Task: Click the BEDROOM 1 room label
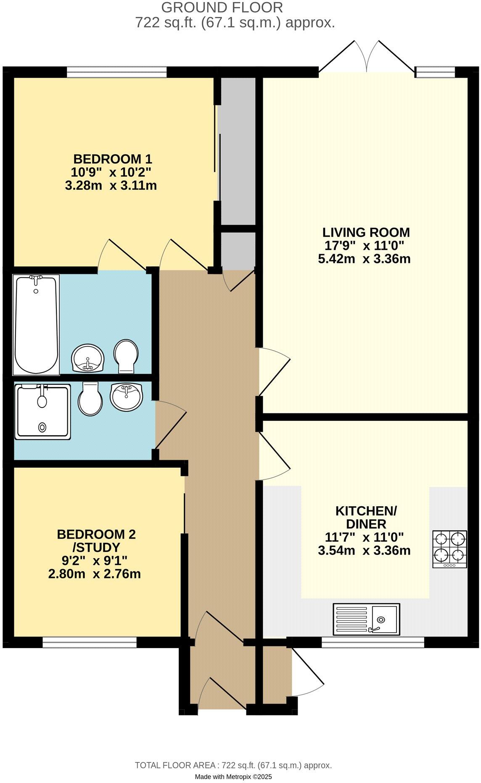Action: pyautogui.click(x=112, y=159)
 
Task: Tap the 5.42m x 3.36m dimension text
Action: pyautogui.click(x=364, y=259)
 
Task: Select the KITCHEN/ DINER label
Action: pyautogui.click(x=366, y=517)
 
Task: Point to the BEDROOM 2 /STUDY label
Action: pyautogui.click(x=96, y=541)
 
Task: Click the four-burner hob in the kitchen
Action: pyautogui.click(x=450, y=549)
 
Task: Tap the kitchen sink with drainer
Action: pyautogui.click(x=366, y=619)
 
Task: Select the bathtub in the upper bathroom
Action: pyautogui.click(x=36, y=324)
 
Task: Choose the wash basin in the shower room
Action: pyautogui.click(x=127, y=396)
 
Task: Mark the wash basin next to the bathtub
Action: pyautogui.click(x=88, y=358)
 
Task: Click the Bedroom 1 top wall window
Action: pyautogui.click(x=116, y=72)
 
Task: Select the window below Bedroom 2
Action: pyautogui.click(x=90, y=642)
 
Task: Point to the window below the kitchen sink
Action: pyautogui.click(x=373, y=642)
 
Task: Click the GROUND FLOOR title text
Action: pyautogui.click(x=222, y=7)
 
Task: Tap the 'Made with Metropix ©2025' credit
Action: pyautogui.click(x=233, y=777)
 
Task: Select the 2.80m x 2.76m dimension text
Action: pyautogui.click(x=95, y=574)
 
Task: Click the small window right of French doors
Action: pyautogui.click(x=435, y=72)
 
